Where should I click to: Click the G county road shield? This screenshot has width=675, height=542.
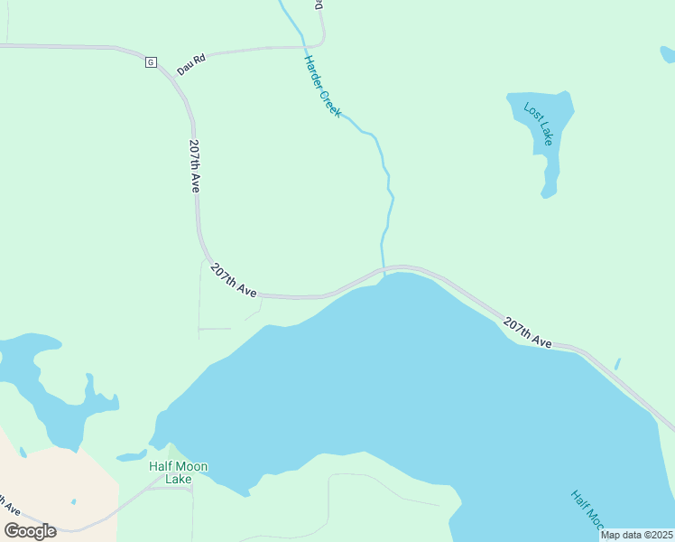[151, 62]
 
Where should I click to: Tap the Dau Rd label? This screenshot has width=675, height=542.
[191, 63]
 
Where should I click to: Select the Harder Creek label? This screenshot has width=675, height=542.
[322, 86]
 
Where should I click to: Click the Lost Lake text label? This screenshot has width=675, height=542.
[539, 126]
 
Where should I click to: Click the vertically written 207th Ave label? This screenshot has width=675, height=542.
[194, 165]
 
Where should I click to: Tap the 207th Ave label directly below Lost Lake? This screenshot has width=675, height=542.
[527, 332]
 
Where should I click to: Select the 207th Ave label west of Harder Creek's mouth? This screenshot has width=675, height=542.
[234, 280]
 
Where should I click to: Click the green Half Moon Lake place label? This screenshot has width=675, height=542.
[178, 472]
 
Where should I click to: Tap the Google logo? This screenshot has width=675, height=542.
[30, 531]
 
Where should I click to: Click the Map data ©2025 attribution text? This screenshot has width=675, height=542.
[636, 535]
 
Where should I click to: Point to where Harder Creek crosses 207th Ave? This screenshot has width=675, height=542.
[384, 269]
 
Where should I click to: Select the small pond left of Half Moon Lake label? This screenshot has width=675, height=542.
[131, 455]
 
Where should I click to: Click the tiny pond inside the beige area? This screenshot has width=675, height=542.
[74, 501]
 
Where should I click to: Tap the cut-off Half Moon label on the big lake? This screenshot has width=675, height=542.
[586, 510]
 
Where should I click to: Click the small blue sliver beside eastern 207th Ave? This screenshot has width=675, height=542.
[617, 364]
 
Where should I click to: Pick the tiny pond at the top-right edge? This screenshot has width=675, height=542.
[667, 55]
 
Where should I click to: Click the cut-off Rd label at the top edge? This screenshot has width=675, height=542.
[318, 5]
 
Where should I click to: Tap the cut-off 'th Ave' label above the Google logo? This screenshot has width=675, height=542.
[11, 506]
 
